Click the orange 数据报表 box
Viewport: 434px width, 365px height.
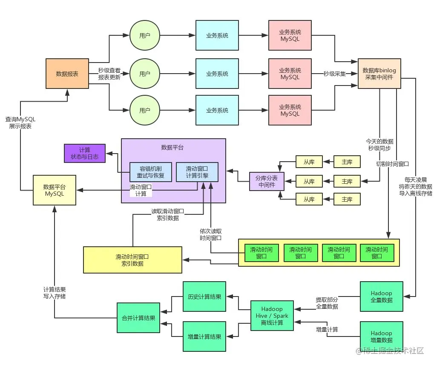pos(67,74)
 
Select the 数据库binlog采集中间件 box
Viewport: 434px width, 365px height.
pos(379,74)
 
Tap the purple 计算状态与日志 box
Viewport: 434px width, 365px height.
pos(84,153)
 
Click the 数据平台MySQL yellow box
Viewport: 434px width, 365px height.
pos(55,190)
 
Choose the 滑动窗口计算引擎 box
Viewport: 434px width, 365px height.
pos(197,172)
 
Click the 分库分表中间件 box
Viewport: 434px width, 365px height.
pos(267,181)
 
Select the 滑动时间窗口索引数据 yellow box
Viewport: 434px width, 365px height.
pos(132,260)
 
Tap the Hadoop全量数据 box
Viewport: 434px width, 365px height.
pos(381,297)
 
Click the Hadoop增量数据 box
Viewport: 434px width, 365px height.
pos(381,336)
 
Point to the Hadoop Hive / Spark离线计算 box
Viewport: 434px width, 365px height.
pos(272,316)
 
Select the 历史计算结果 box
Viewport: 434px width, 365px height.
pos(204,297)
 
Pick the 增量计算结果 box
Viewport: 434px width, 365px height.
pos(204,336)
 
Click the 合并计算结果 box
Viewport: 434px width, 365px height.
pos(138,318)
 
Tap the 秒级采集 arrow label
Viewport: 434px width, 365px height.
pos(334,74)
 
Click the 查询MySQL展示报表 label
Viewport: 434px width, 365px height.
pos(20,123)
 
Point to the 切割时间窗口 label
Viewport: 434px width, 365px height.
pos(392,163)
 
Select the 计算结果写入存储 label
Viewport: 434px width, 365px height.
pos(55,293)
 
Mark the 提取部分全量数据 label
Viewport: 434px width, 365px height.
pos(327,303)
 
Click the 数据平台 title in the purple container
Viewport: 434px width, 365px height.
pos(172,148)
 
